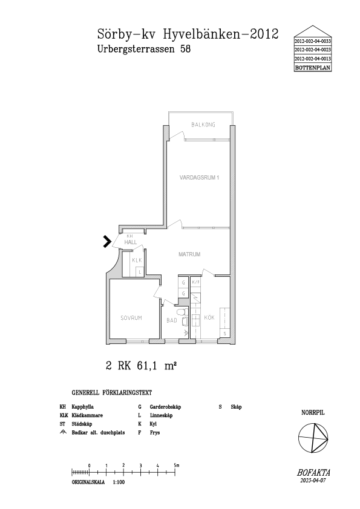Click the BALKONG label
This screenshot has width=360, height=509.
[203, 125]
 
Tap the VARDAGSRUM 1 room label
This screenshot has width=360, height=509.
[199, 178]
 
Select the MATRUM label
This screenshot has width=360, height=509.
[189, 254]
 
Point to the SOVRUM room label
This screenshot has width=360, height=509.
[131, 318]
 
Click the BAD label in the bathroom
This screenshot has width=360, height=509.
[172, 320]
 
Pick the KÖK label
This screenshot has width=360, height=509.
[209, 317]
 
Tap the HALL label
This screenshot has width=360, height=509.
[130, 242]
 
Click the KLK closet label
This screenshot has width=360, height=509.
[137, 260]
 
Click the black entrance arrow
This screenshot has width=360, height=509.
[107, 242]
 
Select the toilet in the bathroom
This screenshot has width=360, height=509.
[182, 313]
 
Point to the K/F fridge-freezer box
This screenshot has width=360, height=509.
[195, 282]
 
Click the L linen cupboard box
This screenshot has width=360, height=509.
[140, 271]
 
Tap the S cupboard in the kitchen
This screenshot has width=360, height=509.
[224, 333]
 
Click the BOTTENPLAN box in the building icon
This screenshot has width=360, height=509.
[313, 68]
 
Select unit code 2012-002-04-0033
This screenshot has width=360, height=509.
[313, 42]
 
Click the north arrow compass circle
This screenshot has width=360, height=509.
[313, 438]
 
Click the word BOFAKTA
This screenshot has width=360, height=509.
[313, 473]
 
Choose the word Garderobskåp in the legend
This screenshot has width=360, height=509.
[165, 407]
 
